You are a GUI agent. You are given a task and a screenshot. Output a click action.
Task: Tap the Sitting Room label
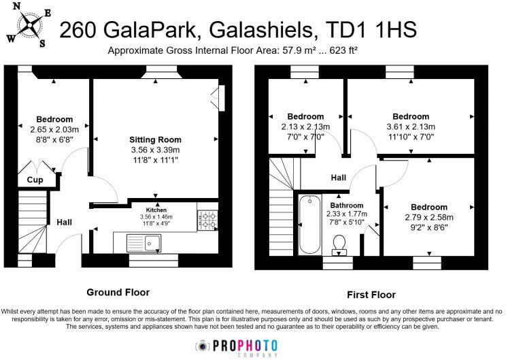[156, 140]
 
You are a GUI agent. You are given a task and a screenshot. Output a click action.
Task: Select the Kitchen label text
[156, 210]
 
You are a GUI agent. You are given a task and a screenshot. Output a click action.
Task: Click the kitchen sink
[144, 242]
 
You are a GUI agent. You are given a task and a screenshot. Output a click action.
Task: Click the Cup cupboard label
[35, 181]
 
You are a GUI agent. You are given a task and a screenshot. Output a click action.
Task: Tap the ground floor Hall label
[65, 222]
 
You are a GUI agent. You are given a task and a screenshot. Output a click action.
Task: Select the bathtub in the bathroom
[308, 225]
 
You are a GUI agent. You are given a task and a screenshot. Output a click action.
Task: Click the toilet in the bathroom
[339, 243]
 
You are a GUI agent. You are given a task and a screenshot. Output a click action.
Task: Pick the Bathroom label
[347, 205]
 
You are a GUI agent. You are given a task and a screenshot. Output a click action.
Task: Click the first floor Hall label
[338, 178]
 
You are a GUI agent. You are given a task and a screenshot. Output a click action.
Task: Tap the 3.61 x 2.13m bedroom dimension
[411, 127]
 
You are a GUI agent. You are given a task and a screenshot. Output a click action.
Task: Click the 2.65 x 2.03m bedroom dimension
[55, 129]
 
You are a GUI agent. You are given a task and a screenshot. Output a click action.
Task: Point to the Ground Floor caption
[118, 293]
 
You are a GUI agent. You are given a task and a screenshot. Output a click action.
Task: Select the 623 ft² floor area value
[343, 51]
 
